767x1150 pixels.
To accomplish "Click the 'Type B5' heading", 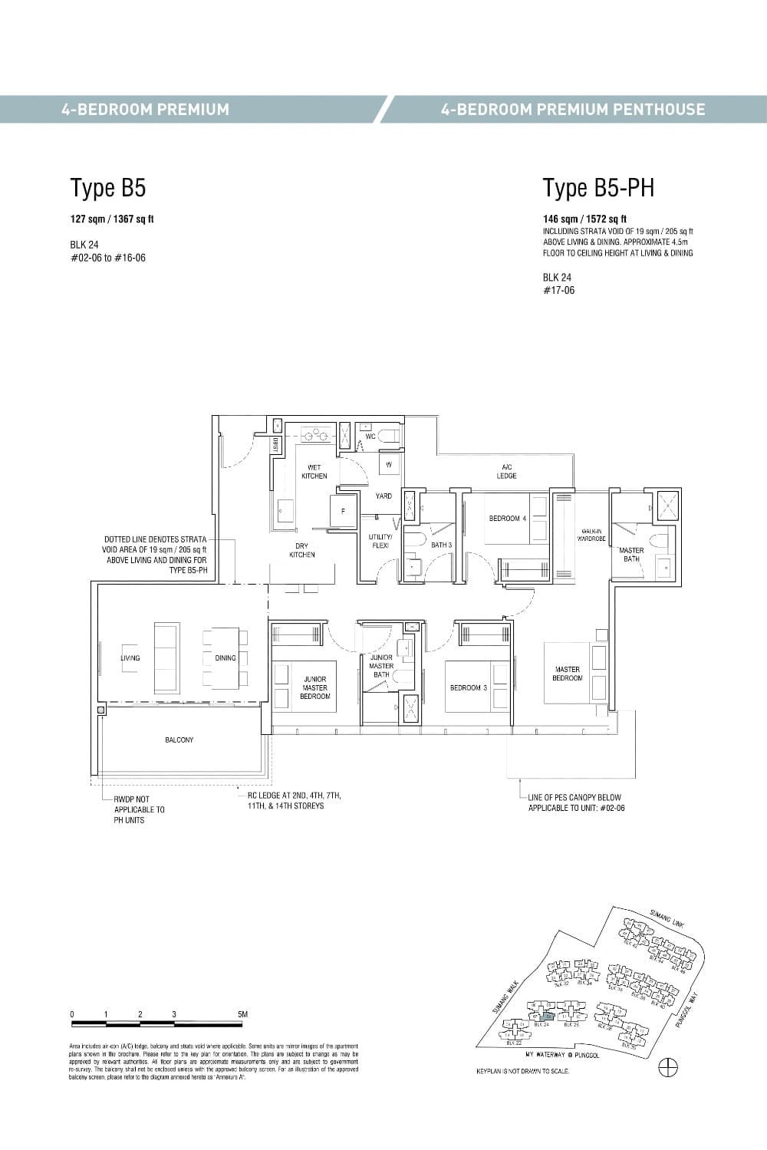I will (x=108, y=188).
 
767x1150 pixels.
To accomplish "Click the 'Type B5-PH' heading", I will (x=598, y=188).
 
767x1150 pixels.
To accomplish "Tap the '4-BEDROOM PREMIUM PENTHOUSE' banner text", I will (x=572, y=109).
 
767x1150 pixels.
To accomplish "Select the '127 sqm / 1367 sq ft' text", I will (x=112, y=219).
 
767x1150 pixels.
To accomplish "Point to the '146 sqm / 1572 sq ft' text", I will (x=584, y=219).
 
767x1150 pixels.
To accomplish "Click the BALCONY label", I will (x=179, y=740).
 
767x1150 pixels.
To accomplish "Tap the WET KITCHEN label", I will (x=314, y=472).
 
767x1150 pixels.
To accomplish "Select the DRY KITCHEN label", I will (x=302, y=551).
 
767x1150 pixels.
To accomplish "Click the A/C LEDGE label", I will (x=507, y=471).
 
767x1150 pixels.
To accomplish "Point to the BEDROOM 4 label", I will (x=508, y=519).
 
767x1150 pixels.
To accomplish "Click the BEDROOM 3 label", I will (x=469, y=687).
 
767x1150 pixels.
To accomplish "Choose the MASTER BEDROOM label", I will (x=567, y=674).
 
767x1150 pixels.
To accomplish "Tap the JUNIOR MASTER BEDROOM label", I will (x=314, y=687).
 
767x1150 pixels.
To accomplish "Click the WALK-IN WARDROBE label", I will (x=593, y=535).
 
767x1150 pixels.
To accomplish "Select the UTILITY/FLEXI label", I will (x=380, y=541).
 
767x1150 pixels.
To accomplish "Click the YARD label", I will (x=383, y=496).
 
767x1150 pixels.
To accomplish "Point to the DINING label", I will (x=225, y=658).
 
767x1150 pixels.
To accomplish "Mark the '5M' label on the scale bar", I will (x=242, y=1014).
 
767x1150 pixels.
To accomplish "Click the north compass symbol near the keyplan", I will (x=668, y=1066).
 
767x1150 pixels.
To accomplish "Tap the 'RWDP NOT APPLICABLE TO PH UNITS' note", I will (x=139, y=809).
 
